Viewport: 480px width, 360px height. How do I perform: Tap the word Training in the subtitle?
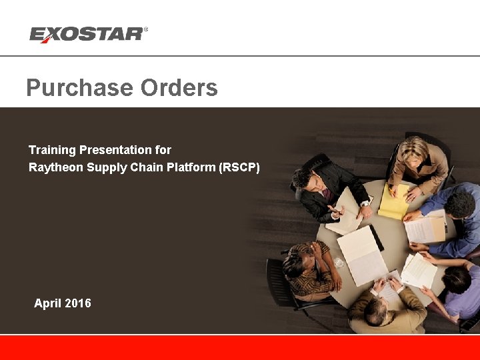(52, 150)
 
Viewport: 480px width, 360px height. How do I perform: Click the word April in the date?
(47, 303)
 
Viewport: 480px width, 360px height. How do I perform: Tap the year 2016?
(77, 303)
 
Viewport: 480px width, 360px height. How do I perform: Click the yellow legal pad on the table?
(393, 201)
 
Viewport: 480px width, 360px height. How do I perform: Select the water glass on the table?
(339, 263)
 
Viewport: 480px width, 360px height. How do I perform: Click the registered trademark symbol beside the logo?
(146, 29)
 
